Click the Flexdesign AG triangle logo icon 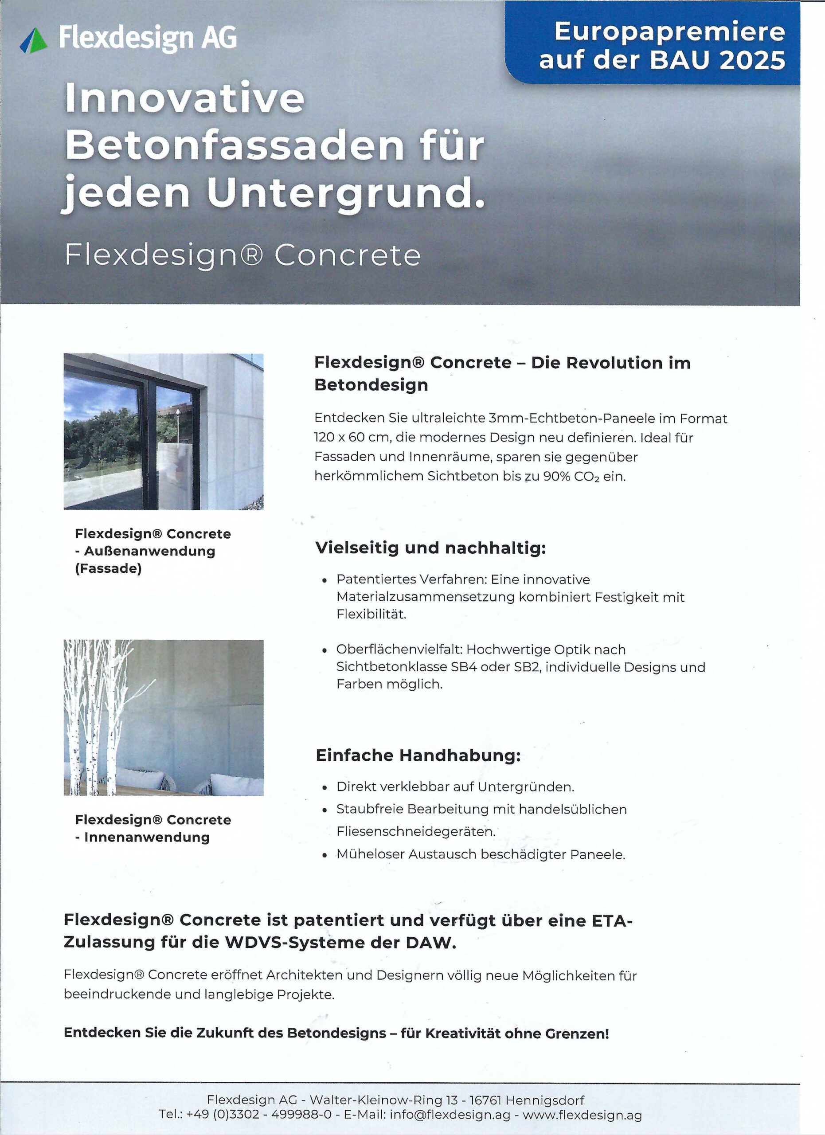click(x=34, y=40)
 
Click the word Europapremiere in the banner click(x=670, y=31)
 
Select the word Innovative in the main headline click(x=184, y=98)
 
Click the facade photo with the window click(x=163, y=431)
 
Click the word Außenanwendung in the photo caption click(x=149, y=551)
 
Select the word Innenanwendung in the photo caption click(x=147, y=837)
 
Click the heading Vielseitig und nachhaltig click(x=430, y=548)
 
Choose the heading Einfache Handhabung click(x=418, y=755)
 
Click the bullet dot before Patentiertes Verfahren click(x=325, y=580)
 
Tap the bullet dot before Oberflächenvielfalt click(x=325, y=650)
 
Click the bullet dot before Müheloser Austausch click(x=325, y=855)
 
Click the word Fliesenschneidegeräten click(x=415, y=832)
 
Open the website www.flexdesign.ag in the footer click(x=582, y=1115)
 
